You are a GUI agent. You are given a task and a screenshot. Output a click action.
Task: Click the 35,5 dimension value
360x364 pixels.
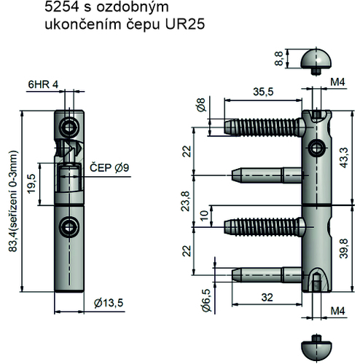point(263,92)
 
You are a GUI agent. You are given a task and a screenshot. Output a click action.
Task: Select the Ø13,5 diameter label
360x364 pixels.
point(109,303)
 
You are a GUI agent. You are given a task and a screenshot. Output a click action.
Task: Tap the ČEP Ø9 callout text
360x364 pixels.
point(109,167)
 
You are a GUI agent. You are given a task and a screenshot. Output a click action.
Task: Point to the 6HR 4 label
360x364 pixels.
point(43,84)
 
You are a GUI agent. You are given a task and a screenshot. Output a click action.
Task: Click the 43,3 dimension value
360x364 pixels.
point(344,157)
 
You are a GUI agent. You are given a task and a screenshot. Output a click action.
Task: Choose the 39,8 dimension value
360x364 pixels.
point(344,248)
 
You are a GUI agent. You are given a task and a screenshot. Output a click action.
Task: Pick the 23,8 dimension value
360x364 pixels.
point(186,201)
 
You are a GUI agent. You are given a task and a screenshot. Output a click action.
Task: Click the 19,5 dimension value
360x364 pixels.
point(32,183)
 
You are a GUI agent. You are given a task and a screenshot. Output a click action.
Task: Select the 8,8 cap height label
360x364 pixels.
point(279,58)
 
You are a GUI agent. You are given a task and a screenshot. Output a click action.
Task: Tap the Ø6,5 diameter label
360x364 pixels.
point(207,300)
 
